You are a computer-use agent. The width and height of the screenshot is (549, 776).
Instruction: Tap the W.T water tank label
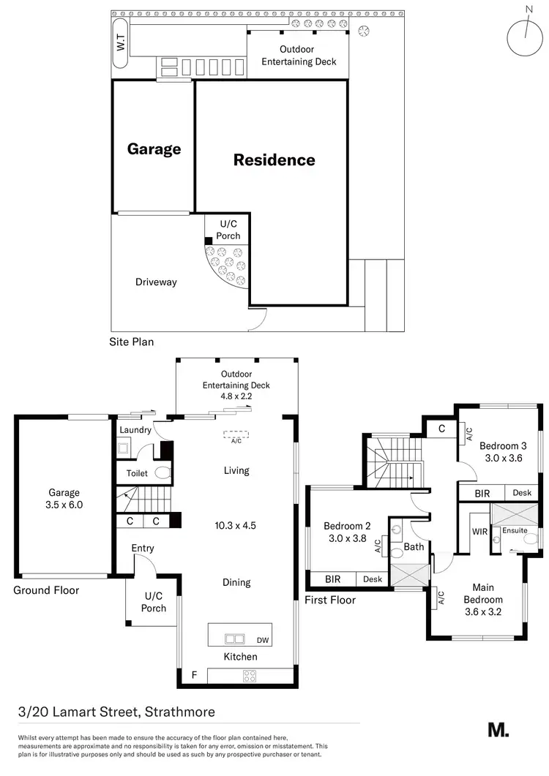point(121,44)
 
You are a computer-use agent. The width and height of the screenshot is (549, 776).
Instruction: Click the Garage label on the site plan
point(154,149)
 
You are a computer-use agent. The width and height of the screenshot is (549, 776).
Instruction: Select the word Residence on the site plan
point(274,160)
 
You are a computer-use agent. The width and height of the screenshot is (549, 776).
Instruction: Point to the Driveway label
point(157,282)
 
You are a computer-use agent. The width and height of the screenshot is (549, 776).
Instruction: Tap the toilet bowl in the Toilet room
point(163,473)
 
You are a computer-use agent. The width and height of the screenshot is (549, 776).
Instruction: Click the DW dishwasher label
point(263,639)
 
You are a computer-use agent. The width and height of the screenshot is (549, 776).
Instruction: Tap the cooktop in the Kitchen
point(250,676)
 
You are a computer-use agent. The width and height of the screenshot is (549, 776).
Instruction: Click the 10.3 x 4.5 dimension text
point(236,525)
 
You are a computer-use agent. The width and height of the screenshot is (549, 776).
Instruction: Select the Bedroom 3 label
point(503,445)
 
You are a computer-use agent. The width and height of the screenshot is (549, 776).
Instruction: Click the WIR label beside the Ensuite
point(480,530)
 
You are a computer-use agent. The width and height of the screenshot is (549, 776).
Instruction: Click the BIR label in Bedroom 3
point(482,494)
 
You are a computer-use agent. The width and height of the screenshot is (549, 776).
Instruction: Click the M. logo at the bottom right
point(498,730)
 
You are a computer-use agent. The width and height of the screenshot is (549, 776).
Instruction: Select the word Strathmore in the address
point(180,712)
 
